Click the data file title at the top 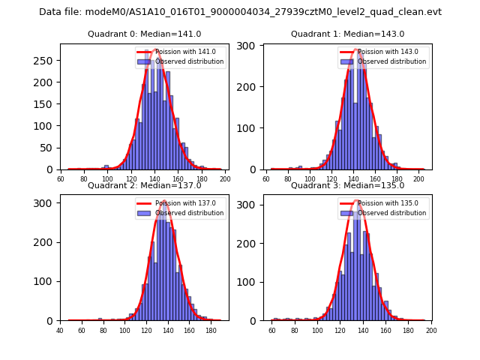(240, 12)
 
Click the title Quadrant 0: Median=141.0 (145, 34)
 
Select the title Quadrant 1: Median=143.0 (347, 34)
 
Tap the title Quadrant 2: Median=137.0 (145, 185)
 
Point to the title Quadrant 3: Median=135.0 (347, 185)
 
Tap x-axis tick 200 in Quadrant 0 (224, 179)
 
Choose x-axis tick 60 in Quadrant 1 (266, 179)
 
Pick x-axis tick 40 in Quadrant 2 (60, 330)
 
